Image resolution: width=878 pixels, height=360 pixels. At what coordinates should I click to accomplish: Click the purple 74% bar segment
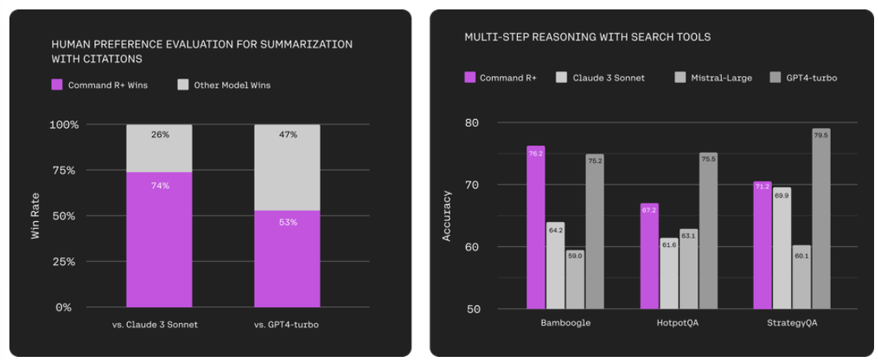159,239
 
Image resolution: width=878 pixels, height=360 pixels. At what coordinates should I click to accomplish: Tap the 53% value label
287,222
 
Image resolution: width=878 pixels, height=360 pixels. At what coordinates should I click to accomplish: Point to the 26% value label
159,135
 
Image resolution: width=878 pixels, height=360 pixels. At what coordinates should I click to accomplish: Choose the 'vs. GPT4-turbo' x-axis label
287,325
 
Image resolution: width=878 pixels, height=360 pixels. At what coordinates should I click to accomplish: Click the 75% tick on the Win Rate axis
64,170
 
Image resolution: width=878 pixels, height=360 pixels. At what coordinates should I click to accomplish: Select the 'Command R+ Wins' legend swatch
56,85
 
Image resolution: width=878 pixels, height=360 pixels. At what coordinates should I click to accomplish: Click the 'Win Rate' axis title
35,216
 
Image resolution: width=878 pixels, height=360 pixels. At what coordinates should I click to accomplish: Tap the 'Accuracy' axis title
446,216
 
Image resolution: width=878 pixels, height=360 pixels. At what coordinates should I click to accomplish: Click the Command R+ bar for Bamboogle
536,227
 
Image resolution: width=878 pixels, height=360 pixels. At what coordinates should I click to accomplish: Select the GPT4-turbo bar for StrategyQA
821,219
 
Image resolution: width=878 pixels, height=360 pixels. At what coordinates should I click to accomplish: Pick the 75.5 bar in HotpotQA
708,231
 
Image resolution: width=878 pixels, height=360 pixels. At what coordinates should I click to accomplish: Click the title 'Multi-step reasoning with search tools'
587,37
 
